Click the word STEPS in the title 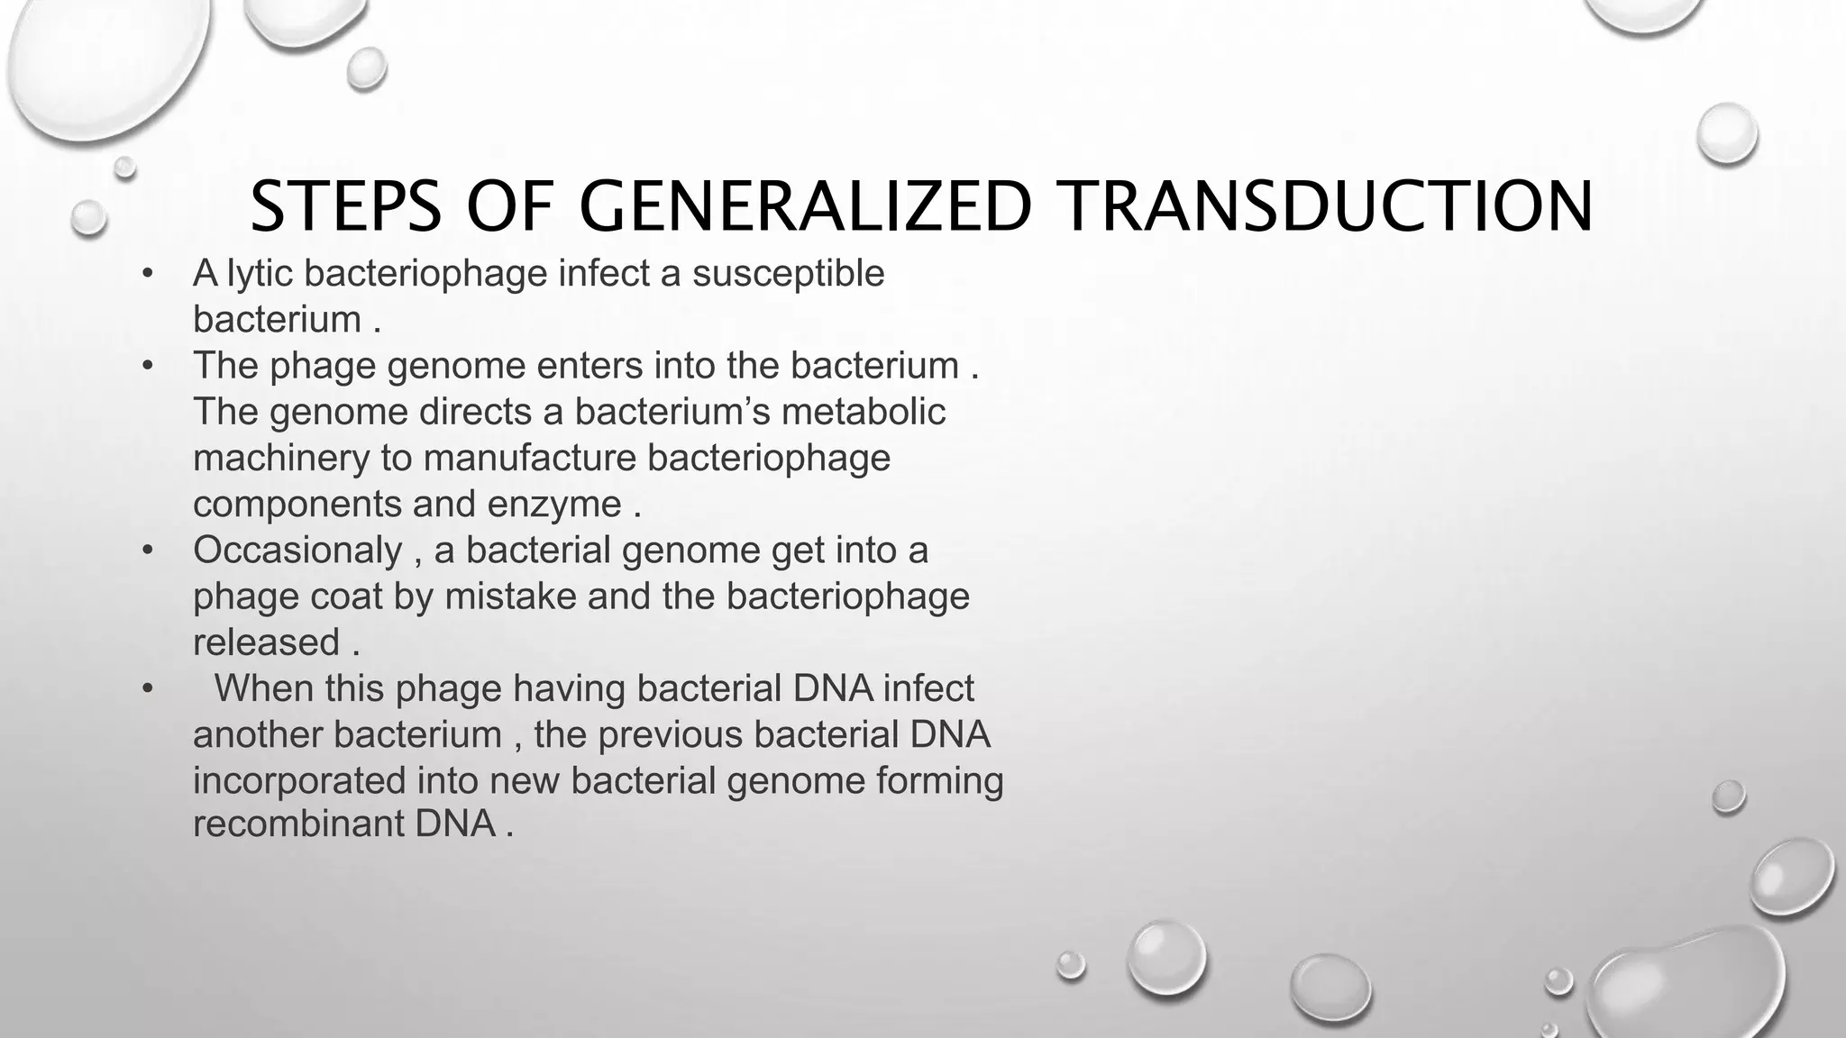coord(345,206)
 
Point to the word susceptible coord(788,273)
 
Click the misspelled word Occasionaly coord(297,550)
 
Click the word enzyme coord(554,504)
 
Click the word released coord(266,642)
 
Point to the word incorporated coord(298,780)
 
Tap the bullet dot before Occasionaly coord(148,550)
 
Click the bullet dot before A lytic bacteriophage coord(148,273)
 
